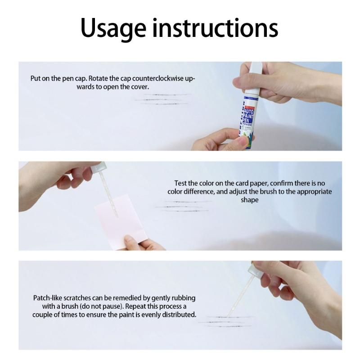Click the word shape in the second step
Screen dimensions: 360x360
point(249,200)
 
